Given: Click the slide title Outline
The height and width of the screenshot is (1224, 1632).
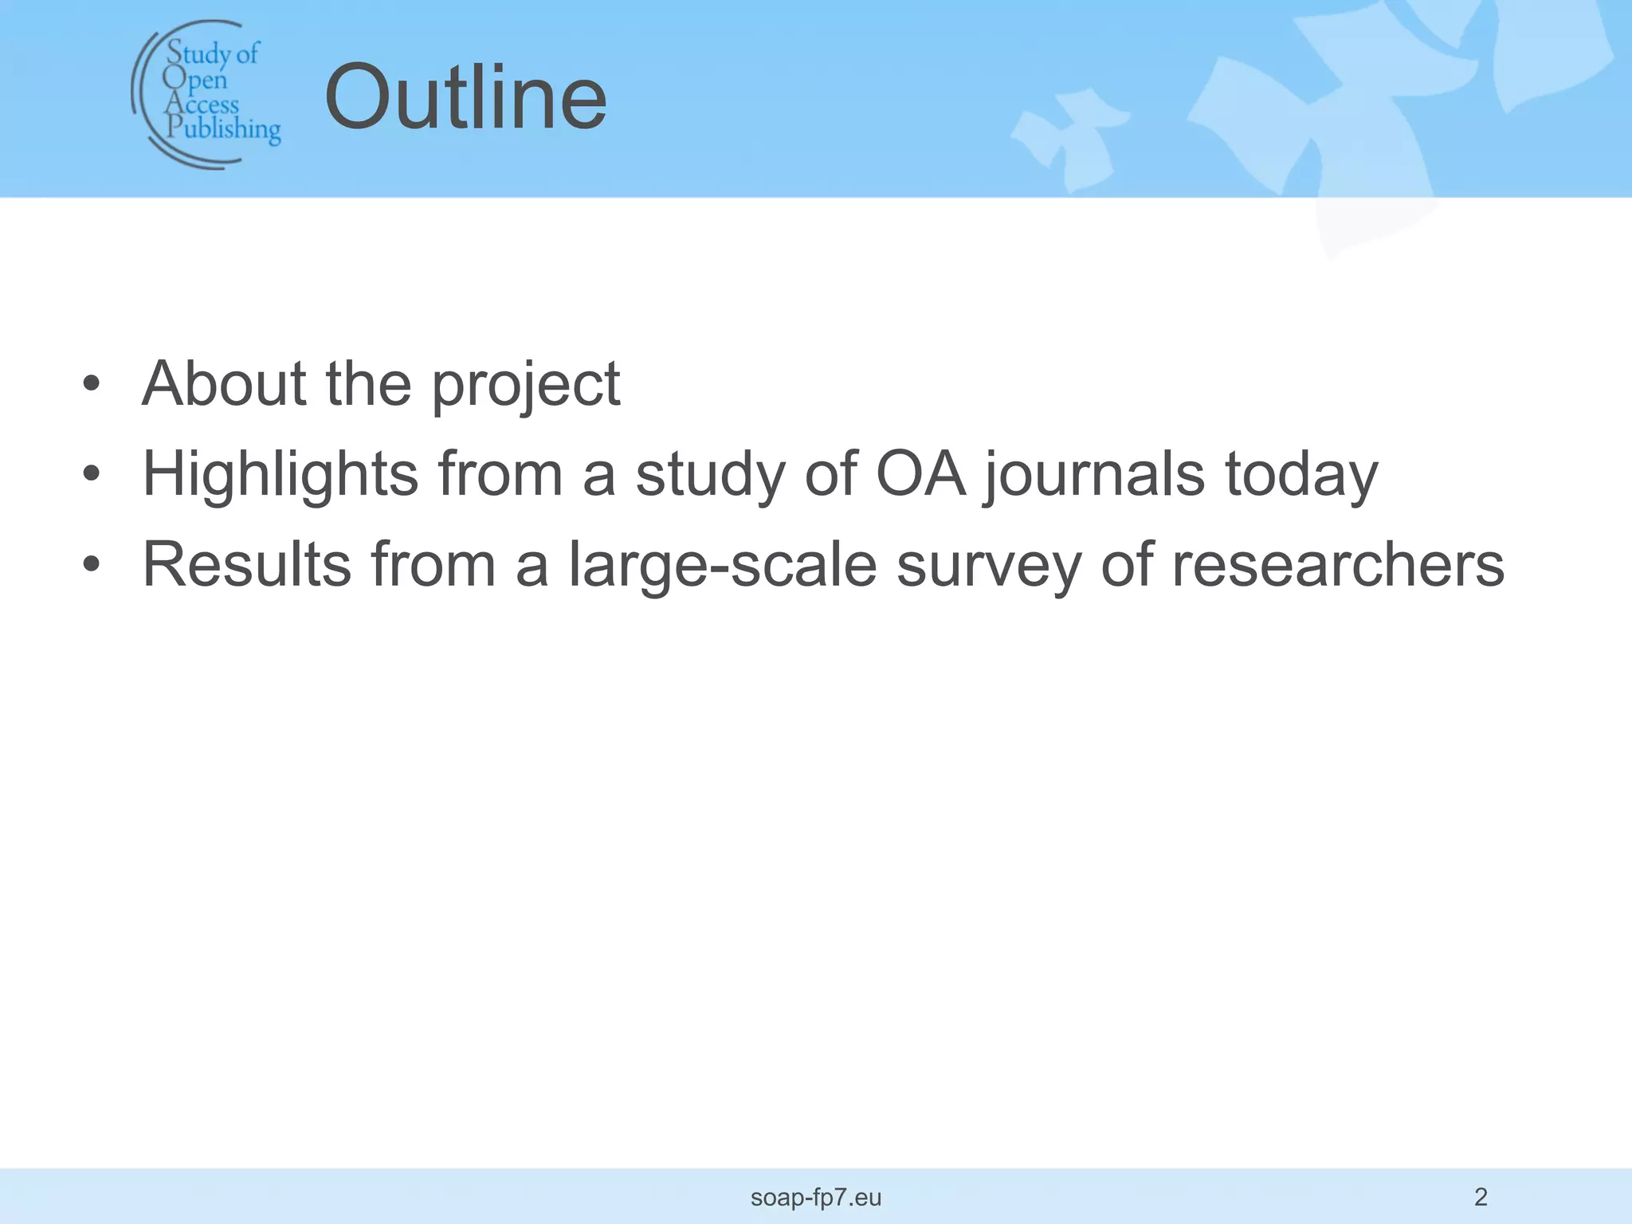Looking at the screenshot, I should point(465,99).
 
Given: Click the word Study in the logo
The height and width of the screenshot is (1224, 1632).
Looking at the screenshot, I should point(198,54).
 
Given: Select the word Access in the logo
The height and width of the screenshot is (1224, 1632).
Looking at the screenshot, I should point(202,104).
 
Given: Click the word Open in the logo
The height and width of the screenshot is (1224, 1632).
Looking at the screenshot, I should point(195,80).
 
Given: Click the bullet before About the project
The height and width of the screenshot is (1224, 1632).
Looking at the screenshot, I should point(92,384).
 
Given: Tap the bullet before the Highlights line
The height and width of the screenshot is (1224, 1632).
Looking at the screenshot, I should point(92,474).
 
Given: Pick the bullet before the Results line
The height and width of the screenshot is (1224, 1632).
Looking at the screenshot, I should point(92,565).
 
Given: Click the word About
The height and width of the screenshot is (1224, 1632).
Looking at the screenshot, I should point(224,384).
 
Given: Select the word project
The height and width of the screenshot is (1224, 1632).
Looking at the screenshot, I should point(526,386).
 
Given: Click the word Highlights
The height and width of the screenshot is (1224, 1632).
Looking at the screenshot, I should point(280,475).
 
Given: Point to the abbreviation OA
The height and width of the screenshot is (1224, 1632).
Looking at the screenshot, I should point(920,474).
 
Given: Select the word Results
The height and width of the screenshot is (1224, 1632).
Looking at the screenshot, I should point(247,564).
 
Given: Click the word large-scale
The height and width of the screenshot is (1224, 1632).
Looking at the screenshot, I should point(722,566).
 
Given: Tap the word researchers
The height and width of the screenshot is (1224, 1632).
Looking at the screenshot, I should point(1338,565).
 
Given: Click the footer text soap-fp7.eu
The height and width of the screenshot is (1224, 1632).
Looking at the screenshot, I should point(816,1197).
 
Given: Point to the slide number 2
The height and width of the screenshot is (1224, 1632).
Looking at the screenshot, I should point(1481,1196).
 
